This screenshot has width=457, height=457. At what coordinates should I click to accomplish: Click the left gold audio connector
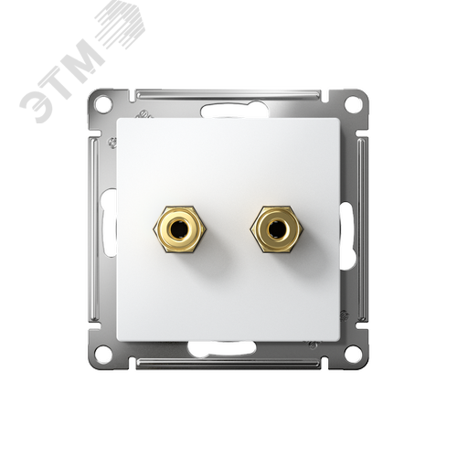pos(179,228)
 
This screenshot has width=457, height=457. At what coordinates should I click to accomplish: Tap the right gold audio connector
pos(277,228)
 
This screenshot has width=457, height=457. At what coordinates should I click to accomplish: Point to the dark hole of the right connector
pos(274,228)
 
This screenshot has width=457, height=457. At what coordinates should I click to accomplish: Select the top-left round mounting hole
pos(102,104)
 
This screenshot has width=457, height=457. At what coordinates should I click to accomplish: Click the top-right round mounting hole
pos(353,104)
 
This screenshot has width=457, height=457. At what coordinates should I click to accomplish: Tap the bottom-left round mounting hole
pos(102,354)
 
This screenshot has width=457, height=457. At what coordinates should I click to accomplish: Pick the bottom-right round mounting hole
pos(353,354)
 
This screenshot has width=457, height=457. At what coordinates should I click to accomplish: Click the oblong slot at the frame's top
pos(235,111)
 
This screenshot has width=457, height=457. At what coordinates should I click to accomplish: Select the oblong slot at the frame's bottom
pos(222,348)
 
